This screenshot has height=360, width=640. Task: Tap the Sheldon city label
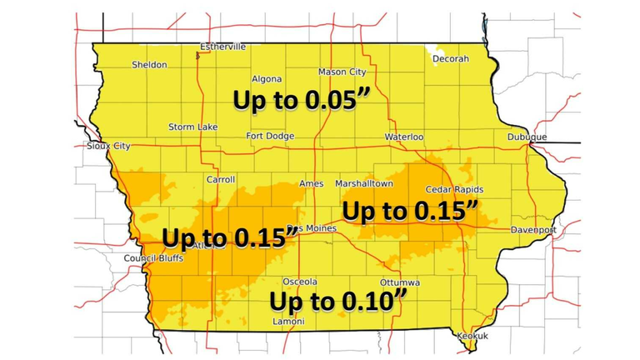(149, 65)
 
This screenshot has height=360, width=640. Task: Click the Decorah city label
(451, 59)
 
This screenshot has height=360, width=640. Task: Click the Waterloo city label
(404, 136)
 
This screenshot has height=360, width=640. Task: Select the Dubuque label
(527, 137)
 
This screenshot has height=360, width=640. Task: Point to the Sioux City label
(108, 146)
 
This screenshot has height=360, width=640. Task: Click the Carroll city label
(221, 179)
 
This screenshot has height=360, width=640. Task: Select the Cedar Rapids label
(454, 190)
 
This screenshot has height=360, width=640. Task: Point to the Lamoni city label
(288, 322)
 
